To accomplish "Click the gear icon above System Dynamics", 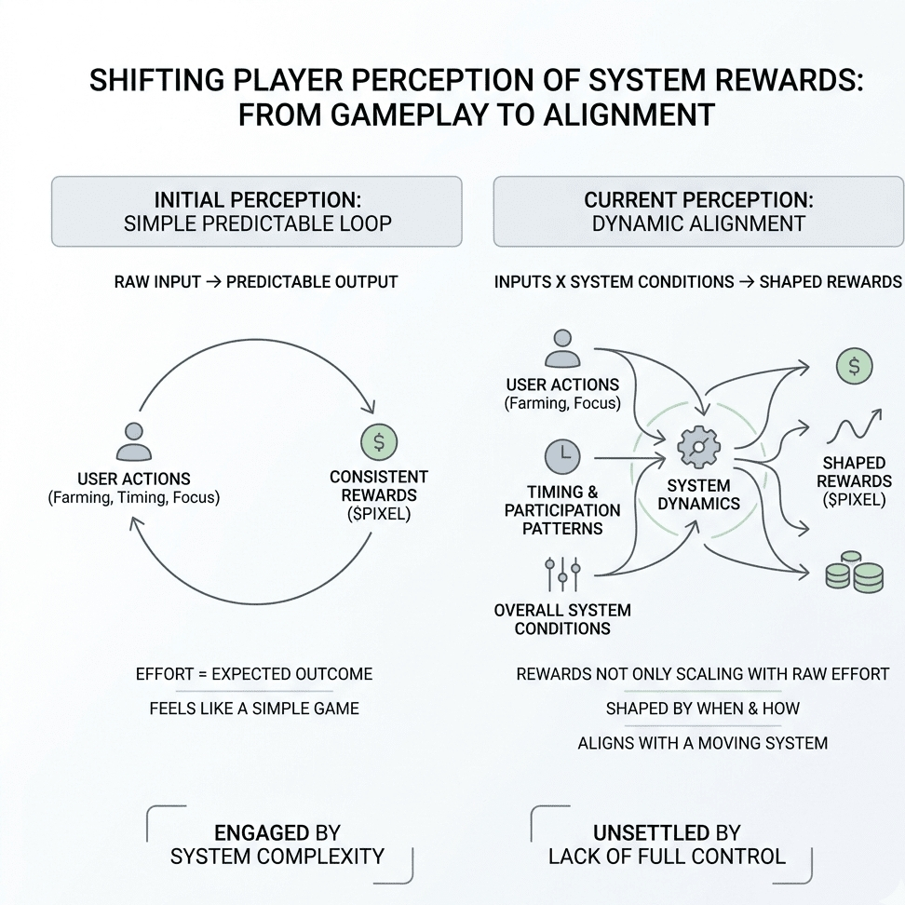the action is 698,447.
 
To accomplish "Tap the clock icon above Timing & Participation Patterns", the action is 562,456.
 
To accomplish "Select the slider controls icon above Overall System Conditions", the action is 562,574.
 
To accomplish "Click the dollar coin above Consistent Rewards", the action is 379,442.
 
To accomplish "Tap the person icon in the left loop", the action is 133,441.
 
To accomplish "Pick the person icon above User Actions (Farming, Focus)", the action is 562,348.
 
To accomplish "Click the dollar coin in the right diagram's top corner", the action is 854,366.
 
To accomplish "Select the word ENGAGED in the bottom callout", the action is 261,833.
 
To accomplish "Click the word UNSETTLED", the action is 651,833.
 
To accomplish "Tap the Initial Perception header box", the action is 257,212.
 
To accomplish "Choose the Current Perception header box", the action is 698,212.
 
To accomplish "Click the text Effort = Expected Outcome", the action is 254,674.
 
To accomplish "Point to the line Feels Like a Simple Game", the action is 254,709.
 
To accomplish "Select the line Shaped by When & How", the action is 702,709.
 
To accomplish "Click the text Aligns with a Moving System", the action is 702,743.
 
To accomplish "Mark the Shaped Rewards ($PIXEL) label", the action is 854,480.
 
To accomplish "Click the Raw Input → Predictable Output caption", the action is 256,282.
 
